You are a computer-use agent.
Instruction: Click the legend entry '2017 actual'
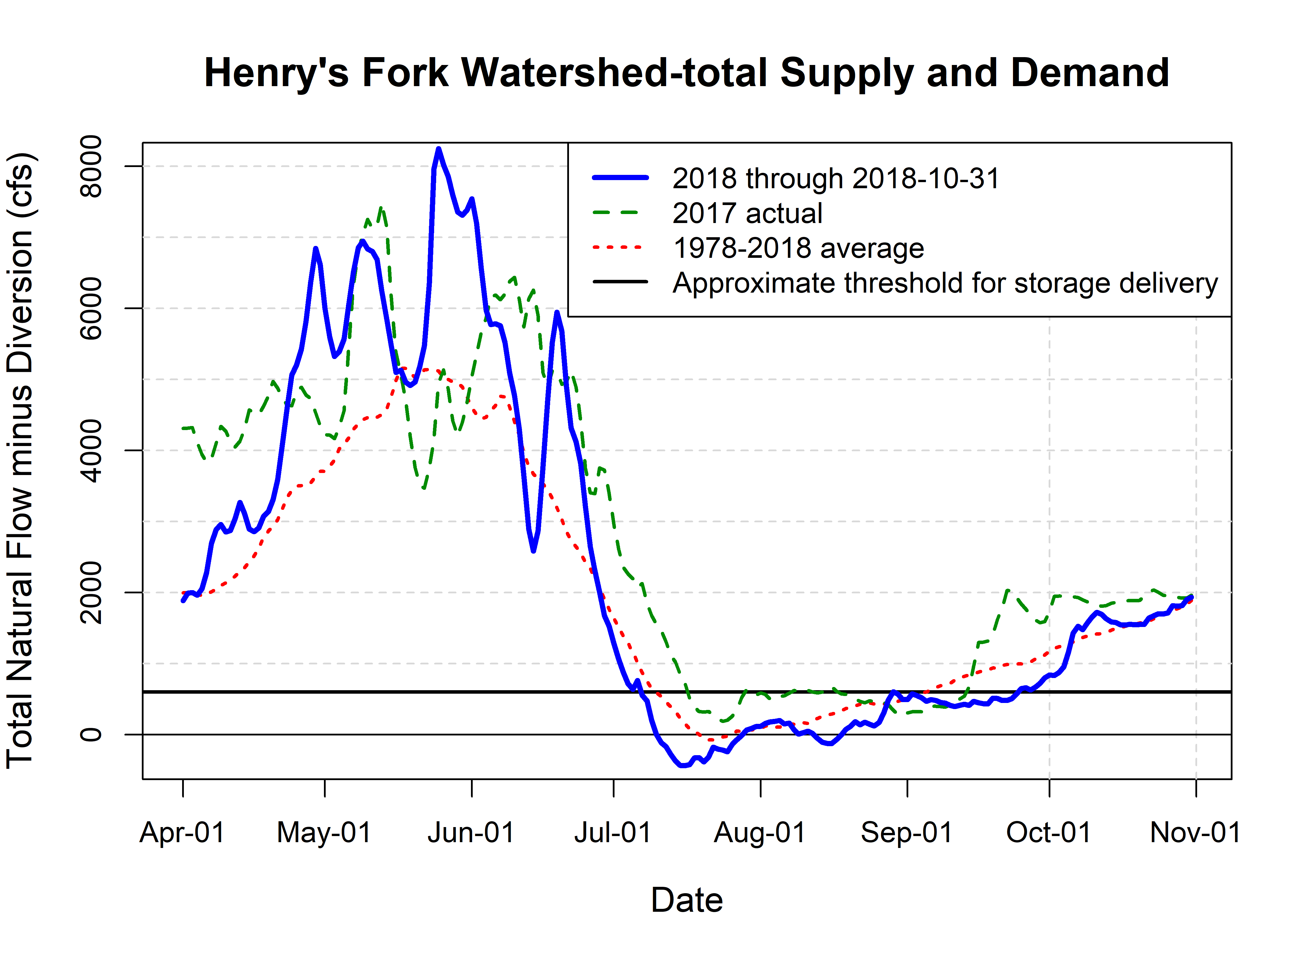coord(747,213)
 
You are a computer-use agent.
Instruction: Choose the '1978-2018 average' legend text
coord(798,248)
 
